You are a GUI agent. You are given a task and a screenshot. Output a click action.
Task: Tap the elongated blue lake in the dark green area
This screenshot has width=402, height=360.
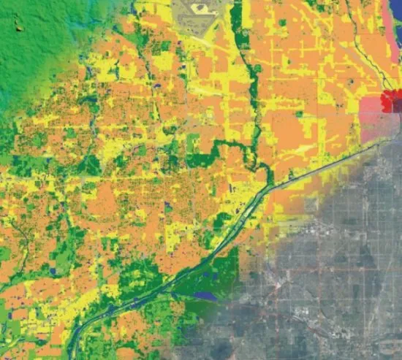tap(204, 296)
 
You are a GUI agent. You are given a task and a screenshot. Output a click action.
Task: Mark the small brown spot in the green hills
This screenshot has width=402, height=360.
tap(19, 30)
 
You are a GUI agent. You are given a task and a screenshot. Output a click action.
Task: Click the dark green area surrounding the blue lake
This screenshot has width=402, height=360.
tap(219, 270)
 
